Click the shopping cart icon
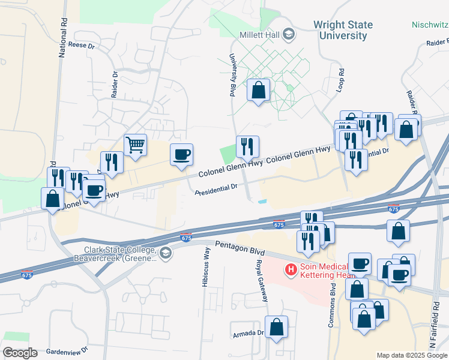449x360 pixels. click(135, 145)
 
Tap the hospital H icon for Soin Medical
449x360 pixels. click(291, 269)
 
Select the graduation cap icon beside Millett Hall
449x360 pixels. click(289, 34)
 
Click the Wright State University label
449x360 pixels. click(343, 30)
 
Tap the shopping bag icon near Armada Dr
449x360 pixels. click(276, 328)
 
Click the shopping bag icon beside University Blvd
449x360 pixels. click(258, 91)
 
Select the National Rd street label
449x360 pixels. click(62, 36)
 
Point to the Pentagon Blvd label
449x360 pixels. click(238, 245)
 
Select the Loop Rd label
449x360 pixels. click(341, 79)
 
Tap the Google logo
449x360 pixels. click(20, 353)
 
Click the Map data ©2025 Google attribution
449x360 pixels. click(411, 355)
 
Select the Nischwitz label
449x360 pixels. click(430, 25)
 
